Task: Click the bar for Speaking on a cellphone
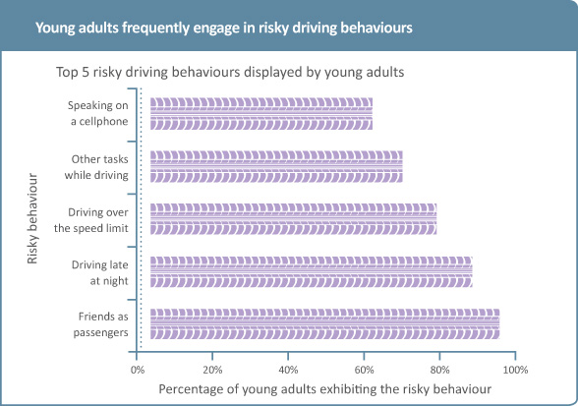pos(261,114)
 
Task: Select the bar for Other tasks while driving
pos(276,166)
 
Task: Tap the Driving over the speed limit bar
pos(293,219)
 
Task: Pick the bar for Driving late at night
pos(311,271)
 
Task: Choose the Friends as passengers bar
pos(324,323)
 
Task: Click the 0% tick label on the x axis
pos(138,370)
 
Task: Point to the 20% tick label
pos(212,370)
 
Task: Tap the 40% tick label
pos(288,370)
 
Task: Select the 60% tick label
pos(364,370)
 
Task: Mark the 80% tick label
pos(439,370)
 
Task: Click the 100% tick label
pos(515,370)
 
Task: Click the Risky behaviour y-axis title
pos(32,218)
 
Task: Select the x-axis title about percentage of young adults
pos(324,389)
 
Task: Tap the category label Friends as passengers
pos(100,324)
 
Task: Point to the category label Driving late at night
pos(100,272)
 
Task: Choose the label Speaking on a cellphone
pos(98,113)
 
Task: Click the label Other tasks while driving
pos(96,167)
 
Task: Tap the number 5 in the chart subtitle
pos(86,72)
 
